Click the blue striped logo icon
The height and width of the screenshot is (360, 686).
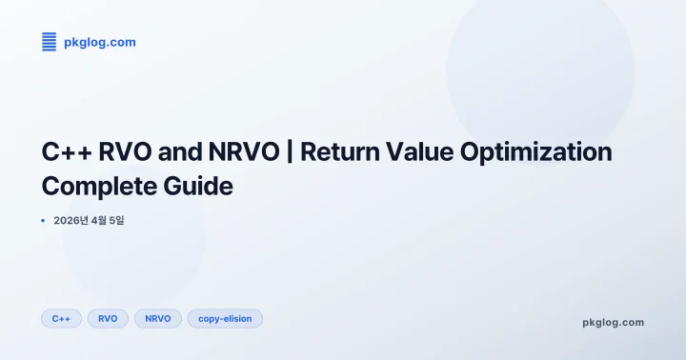pyautogui.click(x=50, y=41)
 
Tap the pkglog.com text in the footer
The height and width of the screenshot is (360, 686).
pyautogui.click(x=613, y=322)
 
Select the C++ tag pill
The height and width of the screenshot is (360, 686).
pyautogui.click(x=61, y=318)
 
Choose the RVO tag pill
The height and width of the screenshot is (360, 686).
pyautogui.click(x=108, y=318)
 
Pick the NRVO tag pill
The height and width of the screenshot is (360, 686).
pyautogui.click(x=158, y=318)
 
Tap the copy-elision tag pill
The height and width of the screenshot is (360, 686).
pyautogui.click(x=225, y=318)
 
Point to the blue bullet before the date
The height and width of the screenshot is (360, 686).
pyautogui.click(x=43, y=221)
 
